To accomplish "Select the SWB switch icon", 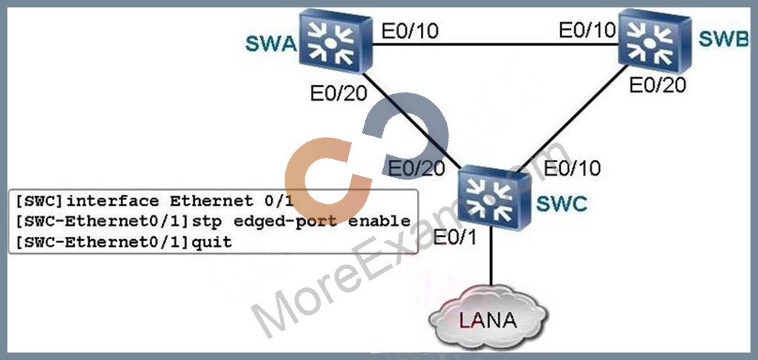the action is pyautogui.click(x=656, y=41).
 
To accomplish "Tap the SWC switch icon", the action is pyautogui.click(x=495, y=198).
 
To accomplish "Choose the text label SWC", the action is pyautogui.click(x=562, y=204).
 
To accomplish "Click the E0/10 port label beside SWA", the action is pyautogui.click(x=410, y=31).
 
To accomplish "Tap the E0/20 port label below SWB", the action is pyautogui.click(x=657, y=85).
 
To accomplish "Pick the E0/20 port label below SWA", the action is pyautogui.click(x=339, y=94).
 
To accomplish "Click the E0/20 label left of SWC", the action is pyautogui.click(x=416, y=168).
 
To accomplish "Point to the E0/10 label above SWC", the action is pyautogui.click(x=572, y=168).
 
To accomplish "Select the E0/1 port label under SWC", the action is pyautogui.click(x=455, y=238).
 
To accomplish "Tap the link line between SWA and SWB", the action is pyautogui.click(x=496, y=45).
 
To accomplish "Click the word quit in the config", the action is pyautogui.click(x=212, y=241).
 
